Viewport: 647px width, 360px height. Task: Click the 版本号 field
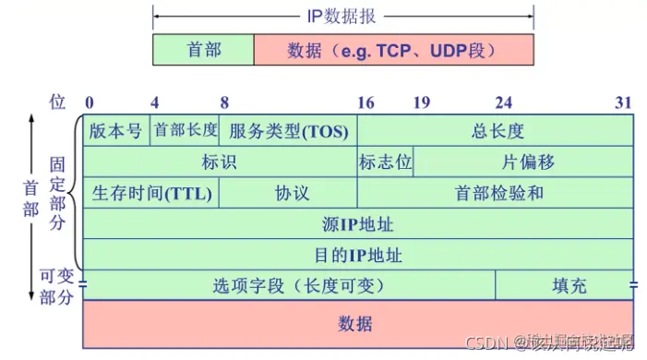pyautogui.click(x=116, y=130)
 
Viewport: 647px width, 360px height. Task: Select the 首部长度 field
pyautogui.click(x=186, y=130)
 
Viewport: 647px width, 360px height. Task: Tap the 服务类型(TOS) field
pyautogui.click(x=289, y=130)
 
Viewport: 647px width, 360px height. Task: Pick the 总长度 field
pyautogui.click(x=496, y=130)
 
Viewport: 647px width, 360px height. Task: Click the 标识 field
pyautogui.click(x=220, y=162)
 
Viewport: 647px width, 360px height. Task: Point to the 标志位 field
pyautogui.click(x=385, y=162)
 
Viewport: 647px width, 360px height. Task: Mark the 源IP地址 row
pyautogui.click(x=358, y=223)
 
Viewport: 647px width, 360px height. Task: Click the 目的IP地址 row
pyautogui.click(x=358, y=254)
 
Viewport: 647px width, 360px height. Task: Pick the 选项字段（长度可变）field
pyautogui.click(x=289, y=285)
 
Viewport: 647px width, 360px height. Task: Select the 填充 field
pyautogui.click(x=566, y=285)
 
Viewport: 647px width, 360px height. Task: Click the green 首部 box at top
pyautogui.click(x=203, y=49)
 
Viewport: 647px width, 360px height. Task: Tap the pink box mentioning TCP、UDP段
pyautogui.click(x=394, y=49)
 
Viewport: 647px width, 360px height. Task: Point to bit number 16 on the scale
pyautogui.click(x=366, y=102)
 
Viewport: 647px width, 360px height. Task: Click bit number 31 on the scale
pyautogui.click(x=624, y=102)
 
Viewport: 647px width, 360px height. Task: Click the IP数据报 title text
pyautogui.click(x=342, y=17)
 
